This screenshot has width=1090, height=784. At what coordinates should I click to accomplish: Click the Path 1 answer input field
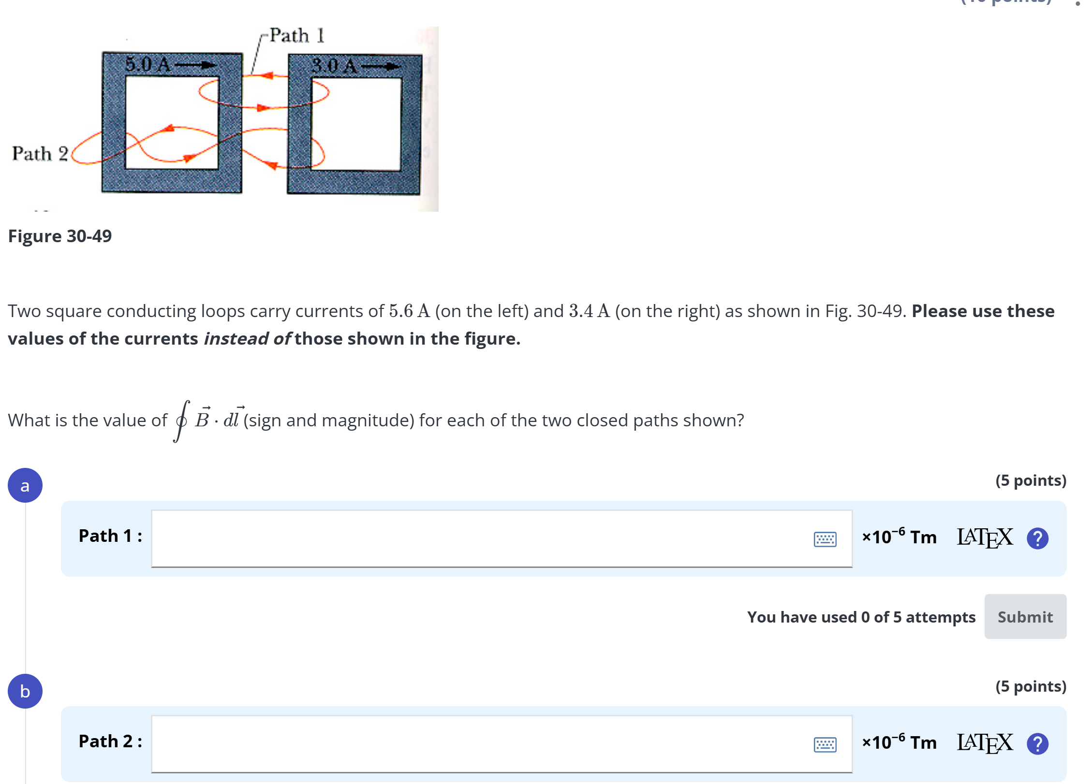(479, 538)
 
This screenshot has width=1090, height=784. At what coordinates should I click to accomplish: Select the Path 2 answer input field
(479, 743)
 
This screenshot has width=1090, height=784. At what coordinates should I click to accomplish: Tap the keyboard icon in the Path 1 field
(825, 539)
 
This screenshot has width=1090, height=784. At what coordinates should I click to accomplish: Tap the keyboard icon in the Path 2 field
(825, 744)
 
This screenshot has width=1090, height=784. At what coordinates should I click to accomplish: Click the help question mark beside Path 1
(1037, 538)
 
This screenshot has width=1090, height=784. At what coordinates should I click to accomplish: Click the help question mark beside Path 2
(1037, 744)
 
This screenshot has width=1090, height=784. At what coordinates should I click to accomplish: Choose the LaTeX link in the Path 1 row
(985, 537)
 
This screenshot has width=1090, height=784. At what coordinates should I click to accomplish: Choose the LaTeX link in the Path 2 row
(985, 743)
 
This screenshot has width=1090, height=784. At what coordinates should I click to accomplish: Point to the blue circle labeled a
(25, 485)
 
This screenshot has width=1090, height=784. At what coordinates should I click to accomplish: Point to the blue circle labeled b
(25, 691)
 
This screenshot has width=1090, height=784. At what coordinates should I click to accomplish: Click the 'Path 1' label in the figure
(297, 35)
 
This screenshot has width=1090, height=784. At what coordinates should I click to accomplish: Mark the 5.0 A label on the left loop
(147, 64)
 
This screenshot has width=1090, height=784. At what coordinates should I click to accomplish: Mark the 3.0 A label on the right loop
(334, 66)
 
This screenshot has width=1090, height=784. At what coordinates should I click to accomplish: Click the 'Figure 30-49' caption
(60, 236)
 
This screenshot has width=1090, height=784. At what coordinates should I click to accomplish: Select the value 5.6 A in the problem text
(409, 311)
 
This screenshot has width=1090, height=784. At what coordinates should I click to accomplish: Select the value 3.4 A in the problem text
(589, 311)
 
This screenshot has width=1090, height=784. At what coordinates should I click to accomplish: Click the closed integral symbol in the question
(181, 421)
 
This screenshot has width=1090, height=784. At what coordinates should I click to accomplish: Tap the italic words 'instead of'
(247, 339)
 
